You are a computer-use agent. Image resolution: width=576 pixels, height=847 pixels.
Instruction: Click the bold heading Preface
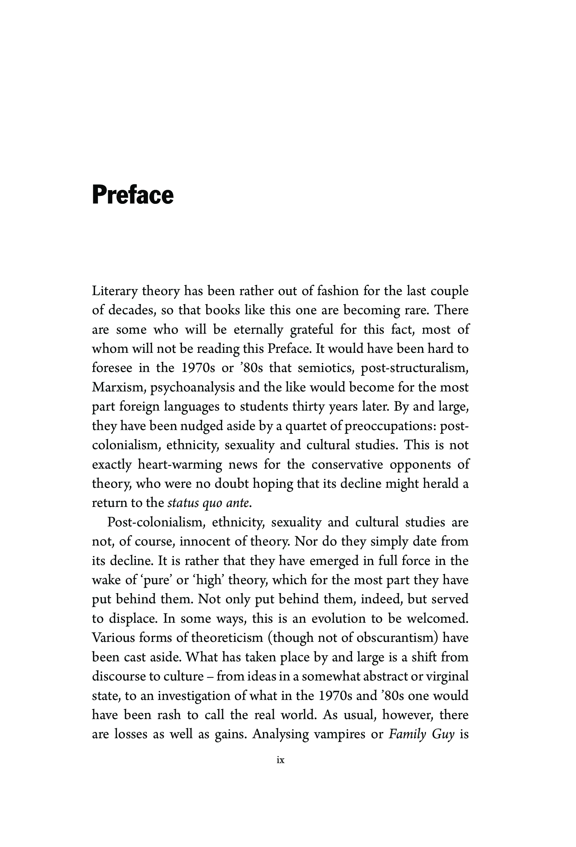point(133,195)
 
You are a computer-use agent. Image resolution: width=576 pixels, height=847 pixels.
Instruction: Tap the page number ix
point(281,760)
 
